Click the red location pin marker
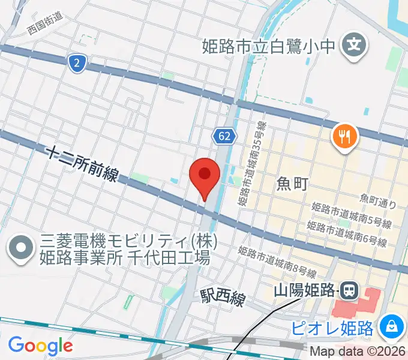(204, 175)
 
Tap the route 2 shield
(76, 63)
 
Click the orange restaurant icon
(344, 137)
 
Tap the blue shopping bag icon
(391, 327)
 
